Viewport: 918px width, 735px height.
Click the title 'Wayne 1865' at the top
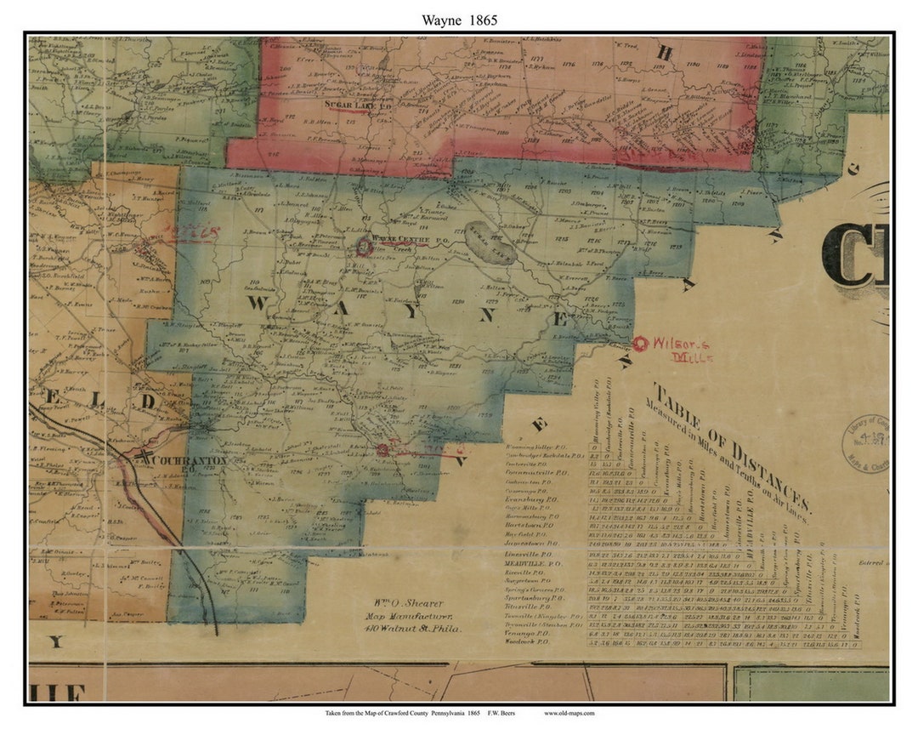click(459, 19)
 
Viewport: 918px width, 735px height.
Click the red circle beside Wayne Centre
click(365, 247)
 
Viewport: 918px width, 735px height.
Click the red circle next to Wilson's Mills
click(639, 343)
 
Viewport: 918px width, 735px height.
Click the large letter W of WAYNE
click(261, 305)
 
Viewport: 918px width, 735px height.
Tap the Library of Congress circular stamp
click(864, 442)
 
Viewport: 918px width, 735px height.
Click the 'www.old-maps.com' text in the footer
click(569, 713)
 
